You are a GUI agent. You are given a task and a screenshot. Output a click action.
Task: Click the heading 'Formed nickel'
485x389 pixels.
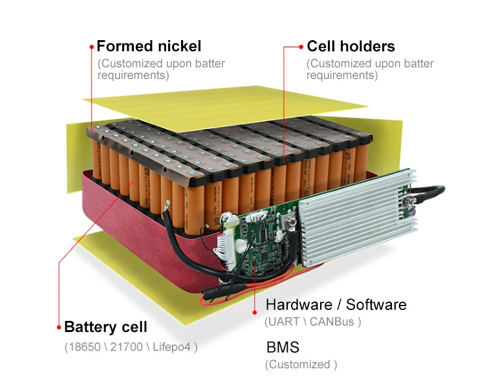[149, 47]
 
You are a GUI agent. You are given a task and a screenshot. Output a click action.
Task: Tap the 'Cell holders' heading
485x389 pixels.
[350, 47]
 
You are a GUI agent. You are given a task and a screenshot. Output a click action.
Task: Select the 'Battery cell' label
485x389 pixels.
[105, 327]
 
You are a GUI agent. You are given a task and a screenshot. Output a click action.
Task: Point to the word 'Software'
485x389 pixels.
[376, 305]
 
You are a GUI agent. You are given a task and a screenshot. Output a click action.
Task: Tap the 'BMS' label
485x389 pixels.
[279, 347]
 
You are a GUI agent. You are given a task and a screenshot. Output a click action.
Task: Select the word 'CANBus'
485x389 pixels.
[332, 321]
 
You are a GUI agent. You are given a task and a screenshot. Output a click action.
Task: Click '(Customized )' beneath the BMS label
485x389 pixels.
[301, 364]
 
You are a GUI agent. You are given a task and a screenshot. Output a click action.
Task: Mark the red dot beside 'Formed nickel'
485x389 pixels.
[92, 47]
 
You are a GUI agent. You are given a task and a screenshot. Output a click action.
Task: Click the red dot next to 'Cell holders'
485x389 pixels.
[301, 47]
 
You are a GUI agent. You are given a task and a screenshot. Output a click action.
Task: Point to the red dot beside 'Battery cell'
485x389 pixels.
[59, 327]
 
